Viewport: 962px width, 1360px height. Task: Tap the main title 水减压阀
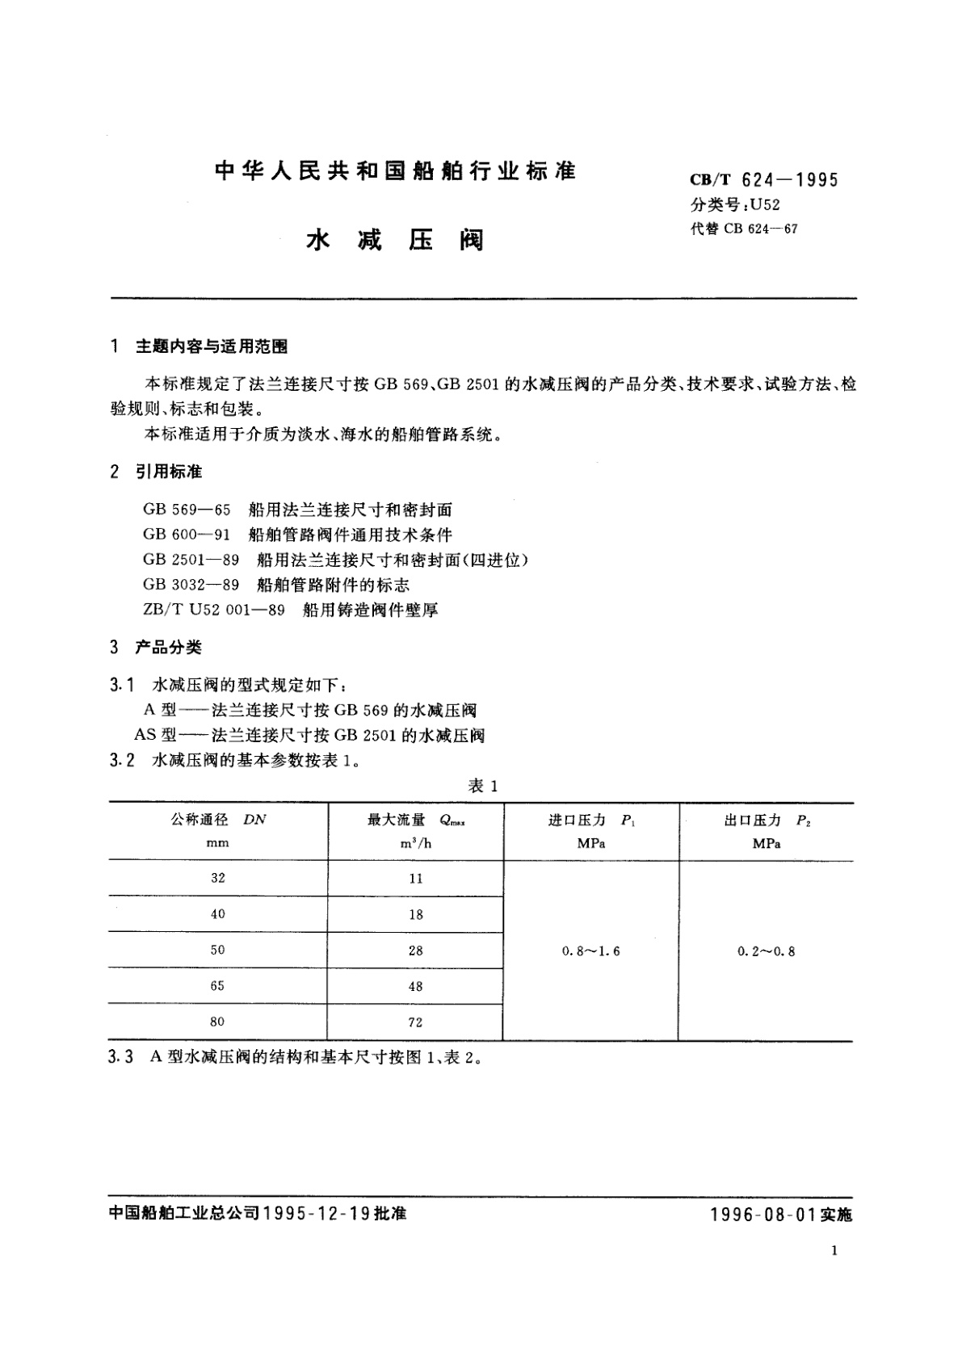pos(395,240)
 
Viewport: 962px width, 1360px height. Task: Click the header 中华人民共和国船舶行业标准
pos(395,171)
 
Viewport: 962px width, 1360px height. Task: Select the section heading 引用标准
pos(169,472)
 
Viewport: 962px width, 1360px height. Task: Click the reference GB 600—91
pos(187,535)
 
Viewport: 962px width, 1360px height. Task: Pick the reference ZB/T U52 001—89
pos(214,610)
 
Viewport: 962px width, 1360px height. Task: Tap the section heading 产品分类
pos(169,647)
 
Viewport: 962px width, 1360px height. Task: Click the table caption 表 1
pos(483,786)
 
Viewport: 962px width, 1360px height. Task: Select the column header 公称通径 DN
pos(218,820)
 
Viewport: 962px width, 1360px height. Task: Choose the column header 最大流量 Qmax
pos(416,820)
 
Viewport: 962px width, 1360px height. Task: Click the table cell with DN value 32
pos(218,878)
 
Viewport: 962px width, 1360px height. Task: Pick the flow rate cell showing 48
pos(416,986)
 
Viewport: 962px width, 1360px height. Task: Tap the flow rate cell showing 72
pos(416,1022)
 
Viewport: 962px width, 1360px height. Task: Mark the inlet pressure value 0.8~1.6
pos(591,951)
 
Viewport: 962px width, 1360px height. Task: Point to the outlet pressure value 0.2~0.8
pos(766,951)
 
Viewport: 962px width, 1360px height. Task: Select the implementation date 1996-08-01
pos(763,1215)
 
